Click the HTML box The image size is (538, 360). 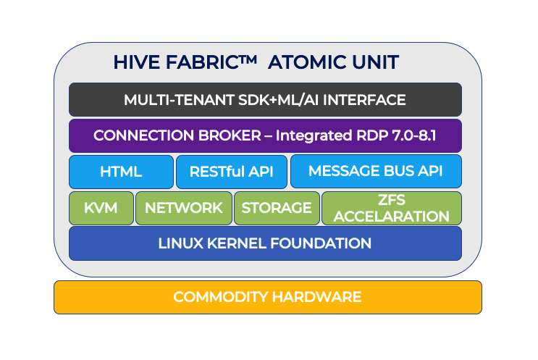(121, 172)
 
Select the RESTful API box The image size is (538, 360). (232, 172)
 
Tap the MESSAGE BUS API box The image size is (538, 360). (376, 171)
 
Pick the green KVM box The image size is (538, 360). (101, 208)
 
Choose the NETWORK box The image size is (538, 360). (184, 208)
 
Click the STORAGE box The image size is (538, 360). (277, 208)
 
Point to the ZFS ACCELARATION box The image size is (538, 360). (392, 208)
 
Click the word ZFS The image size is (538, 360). (392, 200)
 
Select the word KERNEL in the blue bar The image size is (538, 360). (237, 243)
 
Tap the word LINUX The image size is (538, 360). (181, 243)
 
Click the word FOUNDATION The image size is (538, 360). (321, 243)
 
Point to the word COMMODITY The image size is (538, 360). (221, 297)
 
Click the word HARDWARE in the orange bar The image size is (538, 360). (316, 297)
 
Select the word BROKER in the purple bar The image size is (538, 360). (230, 135)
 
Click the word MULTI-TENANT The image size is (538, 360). (179, 100)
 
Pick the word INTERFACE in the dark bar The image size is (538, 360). (364, 100)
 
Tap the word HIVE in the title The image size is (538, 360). (137, 62)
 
